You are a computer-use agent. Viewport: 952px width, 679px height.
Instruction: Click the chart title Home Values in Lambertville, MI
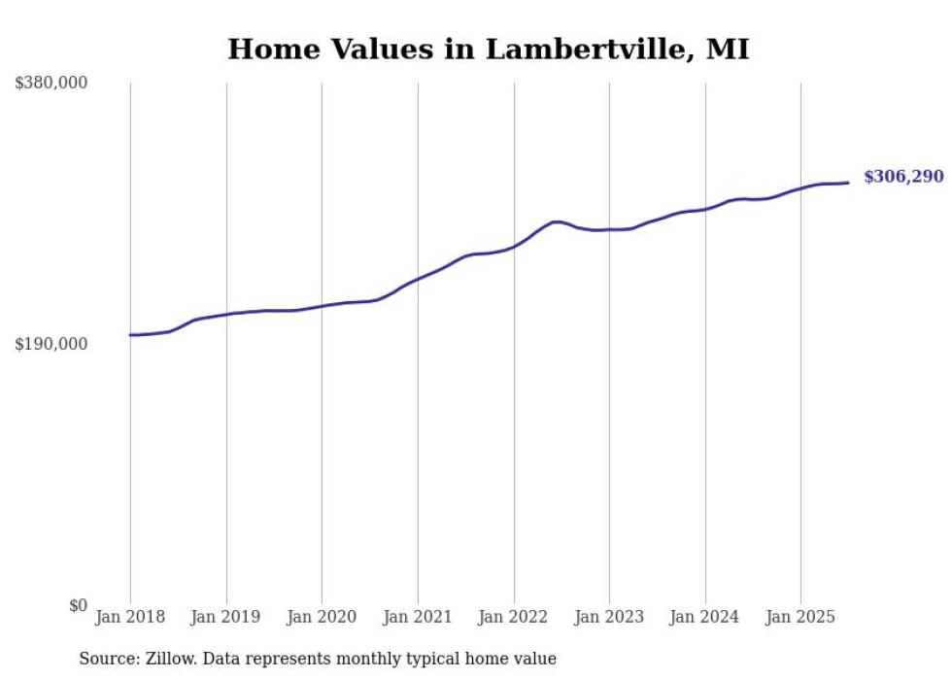(488, 49)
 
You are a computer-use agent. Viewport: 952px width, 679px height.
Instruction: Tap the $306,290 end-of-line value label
(902, 177)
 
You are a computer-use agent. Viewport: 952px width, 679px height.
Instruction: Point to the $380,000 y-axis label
(51, 84)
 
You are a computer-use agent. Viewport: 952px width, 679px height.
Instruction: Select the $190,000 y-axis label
(51, 345)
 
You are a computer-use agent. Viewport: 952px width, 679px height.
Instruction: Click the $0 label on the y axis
(78, 606)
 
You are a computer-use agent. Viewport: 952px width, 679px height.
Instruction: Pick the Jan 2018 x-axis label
(130, 617)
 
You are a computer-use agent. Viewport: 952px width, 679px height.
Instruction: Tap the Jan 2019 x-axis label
(226, 617)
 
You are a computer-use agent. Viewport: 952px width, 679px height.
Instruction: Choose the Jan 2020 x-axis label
(322, 617)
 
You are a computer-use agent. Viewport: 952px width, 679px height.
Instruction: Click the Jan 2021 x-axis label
(418, 617)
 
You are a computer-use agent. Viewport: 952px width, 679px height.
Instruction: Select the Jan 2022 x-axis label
(514, 617)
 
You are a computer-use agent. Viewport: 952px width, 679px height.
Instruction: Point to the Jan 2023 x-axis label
(609, 617)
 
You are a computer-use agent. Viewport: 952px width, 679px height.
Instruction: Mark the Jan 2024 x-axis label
(705, 617)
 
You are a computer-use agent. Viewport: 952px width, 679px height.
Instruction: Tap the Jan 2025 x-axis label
(800, 617)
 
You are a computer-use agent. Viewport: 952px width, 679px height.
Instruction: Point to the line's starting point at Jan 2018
(130, 335)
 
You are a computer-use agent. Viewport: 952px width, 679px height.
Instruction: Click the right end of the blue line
(848, 183)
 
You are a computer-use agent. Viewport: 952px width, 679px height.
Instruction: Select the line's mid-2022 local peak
(557, 221)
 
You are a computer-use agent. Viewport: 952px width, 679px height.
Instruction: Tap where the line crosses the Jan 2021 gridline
(418, 280)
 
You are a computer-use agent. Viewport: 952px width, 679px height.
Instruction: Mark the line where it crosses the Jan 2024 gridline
(705, 209)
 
